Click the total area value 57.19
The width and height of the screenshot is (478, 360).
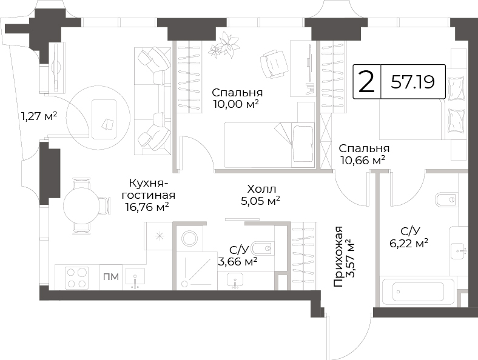click(x=412, y=82)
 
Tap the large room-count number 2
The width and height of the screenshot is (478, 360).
click(x=366, y=81)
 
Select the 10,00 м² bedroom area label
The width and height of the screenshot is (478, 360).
click(x=236, y=104)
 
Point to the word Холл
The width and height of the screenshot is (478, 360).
click(x=261, y=189)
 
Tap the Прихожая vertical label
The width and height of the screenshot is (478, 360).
click(x=338, y=257)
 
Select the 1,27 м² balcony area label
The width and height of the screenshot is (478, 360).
click(x=39, y=116)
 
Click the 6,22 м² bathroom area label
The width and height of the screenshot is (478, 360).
click(x=409, y=243)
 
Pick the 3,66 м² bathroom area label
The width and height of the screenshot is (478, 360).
click(x=237, y=261)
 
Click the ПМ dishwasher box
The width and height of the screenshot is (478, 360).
click(x=111, y=277)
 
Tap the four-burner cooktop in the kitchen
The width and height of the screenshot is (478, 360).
click(x=76, y=278)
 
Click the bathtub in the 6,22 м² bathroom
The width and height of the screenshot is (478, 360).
click(x=417, y=292)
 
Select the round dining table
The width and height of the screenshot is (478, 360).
click(x=81, y=206)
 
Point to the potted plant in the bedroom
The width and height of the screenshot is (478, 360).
click(x=224, y=44)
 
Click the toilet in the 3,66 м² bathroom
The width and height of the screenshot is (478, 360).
click(x=262, y=248)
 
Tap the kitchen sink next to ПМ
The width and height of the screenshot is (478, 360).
click(x=135, y=277)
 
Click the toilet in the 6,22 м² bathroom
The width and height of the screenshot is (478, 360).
click(x=446, y=199)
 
